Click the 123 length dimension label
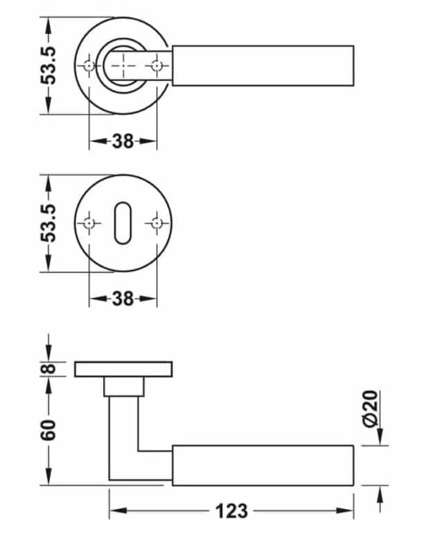[230, 511]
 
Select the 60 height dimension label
[49, 430]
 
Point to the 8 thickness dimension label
[49, 369]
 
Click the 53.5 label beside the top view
[49, 64]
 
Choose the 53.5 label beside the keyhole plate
[49, 223]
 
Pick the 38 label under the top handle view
[123, 141]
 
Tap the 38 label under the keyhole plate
[123, 298]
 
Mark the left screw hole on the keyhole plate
[89, 223]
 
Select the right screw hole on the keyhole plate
[156, 223]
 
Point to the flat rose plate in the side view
[123, 369]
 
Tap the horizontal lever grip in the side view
[262, 464]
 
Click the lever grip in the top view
[262, 64]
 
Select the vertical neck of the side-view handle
[123, 439]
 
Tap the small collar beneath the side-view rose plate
[123, 387]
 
